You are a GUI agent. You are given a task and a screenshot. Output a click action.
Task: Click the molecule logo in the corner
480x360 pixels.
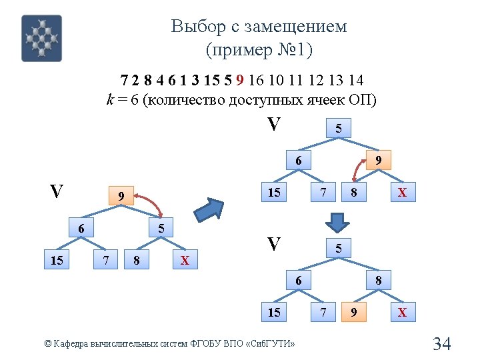(x=41, y=38)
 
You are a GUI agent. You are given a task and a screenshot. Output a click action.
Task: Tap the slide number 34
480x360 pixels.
(x=442, y=344)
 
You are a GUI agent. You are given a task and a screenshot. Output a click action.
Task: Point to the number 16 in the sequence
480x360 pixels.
(x=257, y=81)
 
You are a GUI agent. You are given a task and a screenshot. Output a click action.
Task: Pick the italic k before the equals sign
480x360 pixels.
(x=110, y=100)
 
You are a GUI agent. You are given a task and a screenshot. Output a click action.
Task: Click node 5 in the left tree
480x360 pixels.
(x=160, y=229)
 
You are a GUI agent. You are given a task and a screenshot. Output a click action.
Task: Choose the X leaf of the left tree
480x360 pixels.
(x=185, y=260)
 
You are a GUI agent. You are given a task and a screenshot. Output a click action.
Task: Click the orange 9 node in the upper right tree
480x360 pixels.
(x=377, y=160)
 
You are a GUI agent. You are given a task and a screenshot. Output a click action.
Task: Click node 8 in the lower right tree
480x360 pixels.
(x=377, y=280)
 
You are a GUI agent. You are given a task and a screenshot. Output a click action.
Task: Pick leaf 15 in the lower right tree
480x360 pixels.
(x=273, y=312)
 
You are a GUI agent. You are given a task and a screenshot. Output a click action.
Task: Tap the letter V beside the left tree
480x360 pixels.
(x=57, y=192)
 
